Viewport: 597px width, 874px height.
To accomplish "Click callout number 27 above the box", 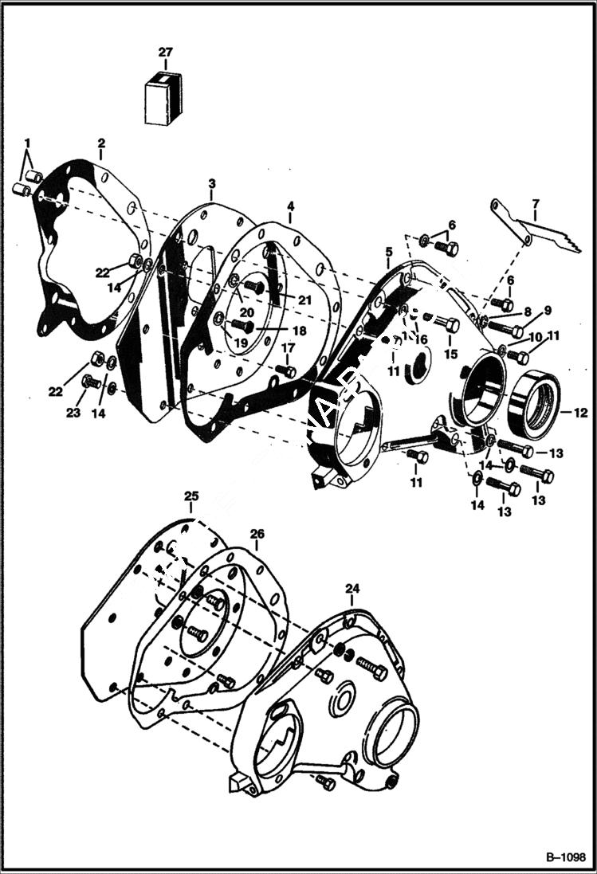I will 165,53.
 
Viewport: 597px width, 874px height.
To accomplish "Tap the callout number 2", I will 101,143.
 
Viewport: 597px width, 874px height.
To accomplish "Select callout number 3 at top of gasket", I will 211,184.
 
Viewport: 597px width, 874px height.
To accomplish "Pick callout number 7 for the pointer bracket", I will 536,204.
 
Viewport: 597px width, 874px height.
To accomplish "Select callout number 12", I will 580,413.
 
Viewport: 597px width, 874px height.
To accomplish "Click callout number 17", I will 287,347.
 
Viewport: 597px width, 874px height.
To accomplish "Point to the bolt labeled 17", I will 289,371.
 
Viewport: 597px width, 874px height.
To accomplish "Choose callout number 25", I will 190,496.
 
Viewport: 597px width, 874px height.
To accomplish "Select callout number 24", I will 353,589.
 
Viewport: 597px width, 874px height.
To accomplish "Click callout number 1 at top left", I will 28,143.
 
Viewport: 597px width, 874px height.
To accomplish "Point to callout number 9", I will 548,310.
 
